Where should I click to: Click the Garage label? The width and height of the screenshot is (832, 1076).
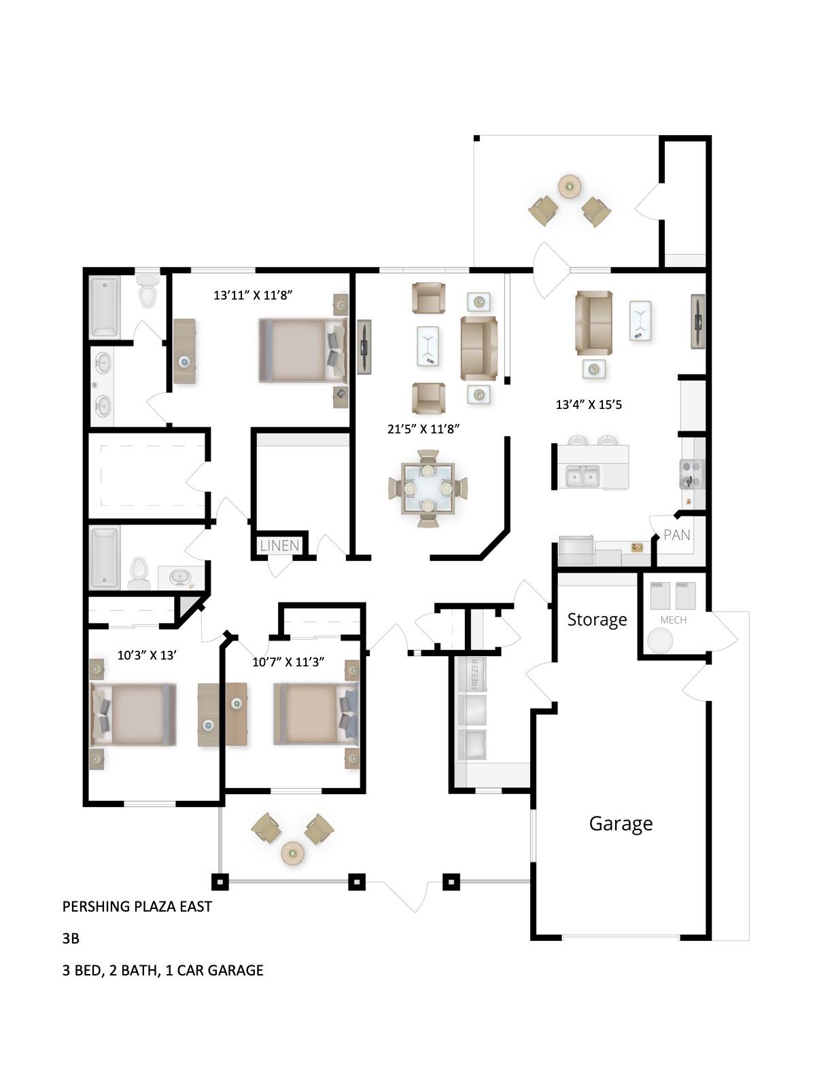tap(620, 823)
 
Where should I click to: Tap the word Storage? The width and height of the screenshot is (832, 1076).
tap(597, 620)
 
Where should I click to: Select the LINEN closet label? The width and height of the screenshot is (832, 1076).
tap(279, 545)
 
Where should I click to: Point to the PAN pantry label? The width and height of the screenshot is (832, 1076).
tap(676, 535)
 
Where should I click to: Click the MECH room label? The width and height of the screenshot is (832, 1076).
tap(673, 620)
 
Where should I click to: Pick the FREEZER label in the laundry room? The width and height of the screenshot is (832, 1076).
tap(474, 674)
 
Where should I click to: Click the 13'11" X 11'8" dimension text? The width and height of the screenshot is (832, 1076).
tap(254, 295)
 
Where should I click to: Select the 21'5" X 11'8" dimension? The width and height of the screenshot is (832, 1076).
tap(423, 429)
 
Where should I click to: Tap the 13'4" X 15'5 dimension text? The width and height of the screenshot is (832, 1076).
tap(589, 405)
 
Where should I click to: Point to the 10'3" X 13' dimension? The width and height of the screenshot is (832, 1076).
tap(147, 656)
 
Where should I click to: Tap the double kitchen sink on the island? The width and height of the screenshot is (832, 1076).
tap(583, 477)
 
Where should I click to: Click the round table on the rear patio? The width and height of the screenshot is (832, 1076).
tap(569, 185)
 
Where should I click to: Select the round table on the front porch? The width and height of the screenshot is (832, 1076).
tap(293, 852)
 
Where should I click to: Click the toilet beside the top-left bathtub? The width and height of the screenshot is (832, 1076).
tap(147, 292)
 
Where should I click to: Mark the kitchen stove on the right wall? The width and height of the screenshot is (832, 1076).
tap(691, 474)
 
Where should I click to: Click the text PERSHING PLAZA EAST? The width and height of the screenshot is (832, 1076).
tap(137, 907)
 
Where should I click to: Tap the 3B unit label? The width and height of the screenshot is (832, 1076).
tap(71, 939)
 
